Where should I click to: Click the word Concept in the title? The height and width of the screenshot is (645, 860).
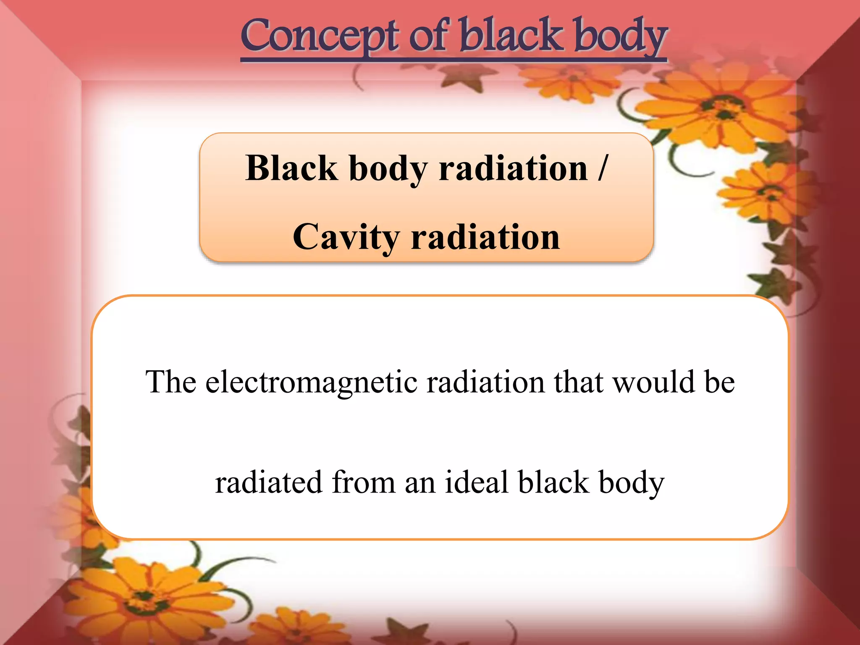pyautogui.click(x=319, y=37)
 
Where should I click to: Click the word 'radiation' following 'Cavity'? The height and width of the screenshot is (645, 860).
pyautogui.click(x=485, y=237)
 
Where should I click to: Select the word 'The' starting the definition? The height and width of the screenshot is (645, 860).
pyautogui.click(x=170, y=382)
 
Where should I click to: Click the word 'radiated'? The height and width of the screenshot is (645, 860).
pyautogui.click(x=269, y=482)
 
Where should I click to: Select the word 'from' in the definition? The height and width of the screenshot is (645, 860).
pyautogui.click(x=364, y=482)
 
